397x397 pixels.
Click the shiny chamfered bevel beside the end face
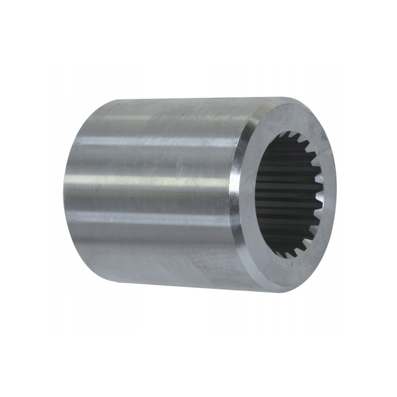click(x=237, y=194)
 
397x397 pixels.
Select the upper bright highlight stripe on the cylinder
click(x=149, y=144)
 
